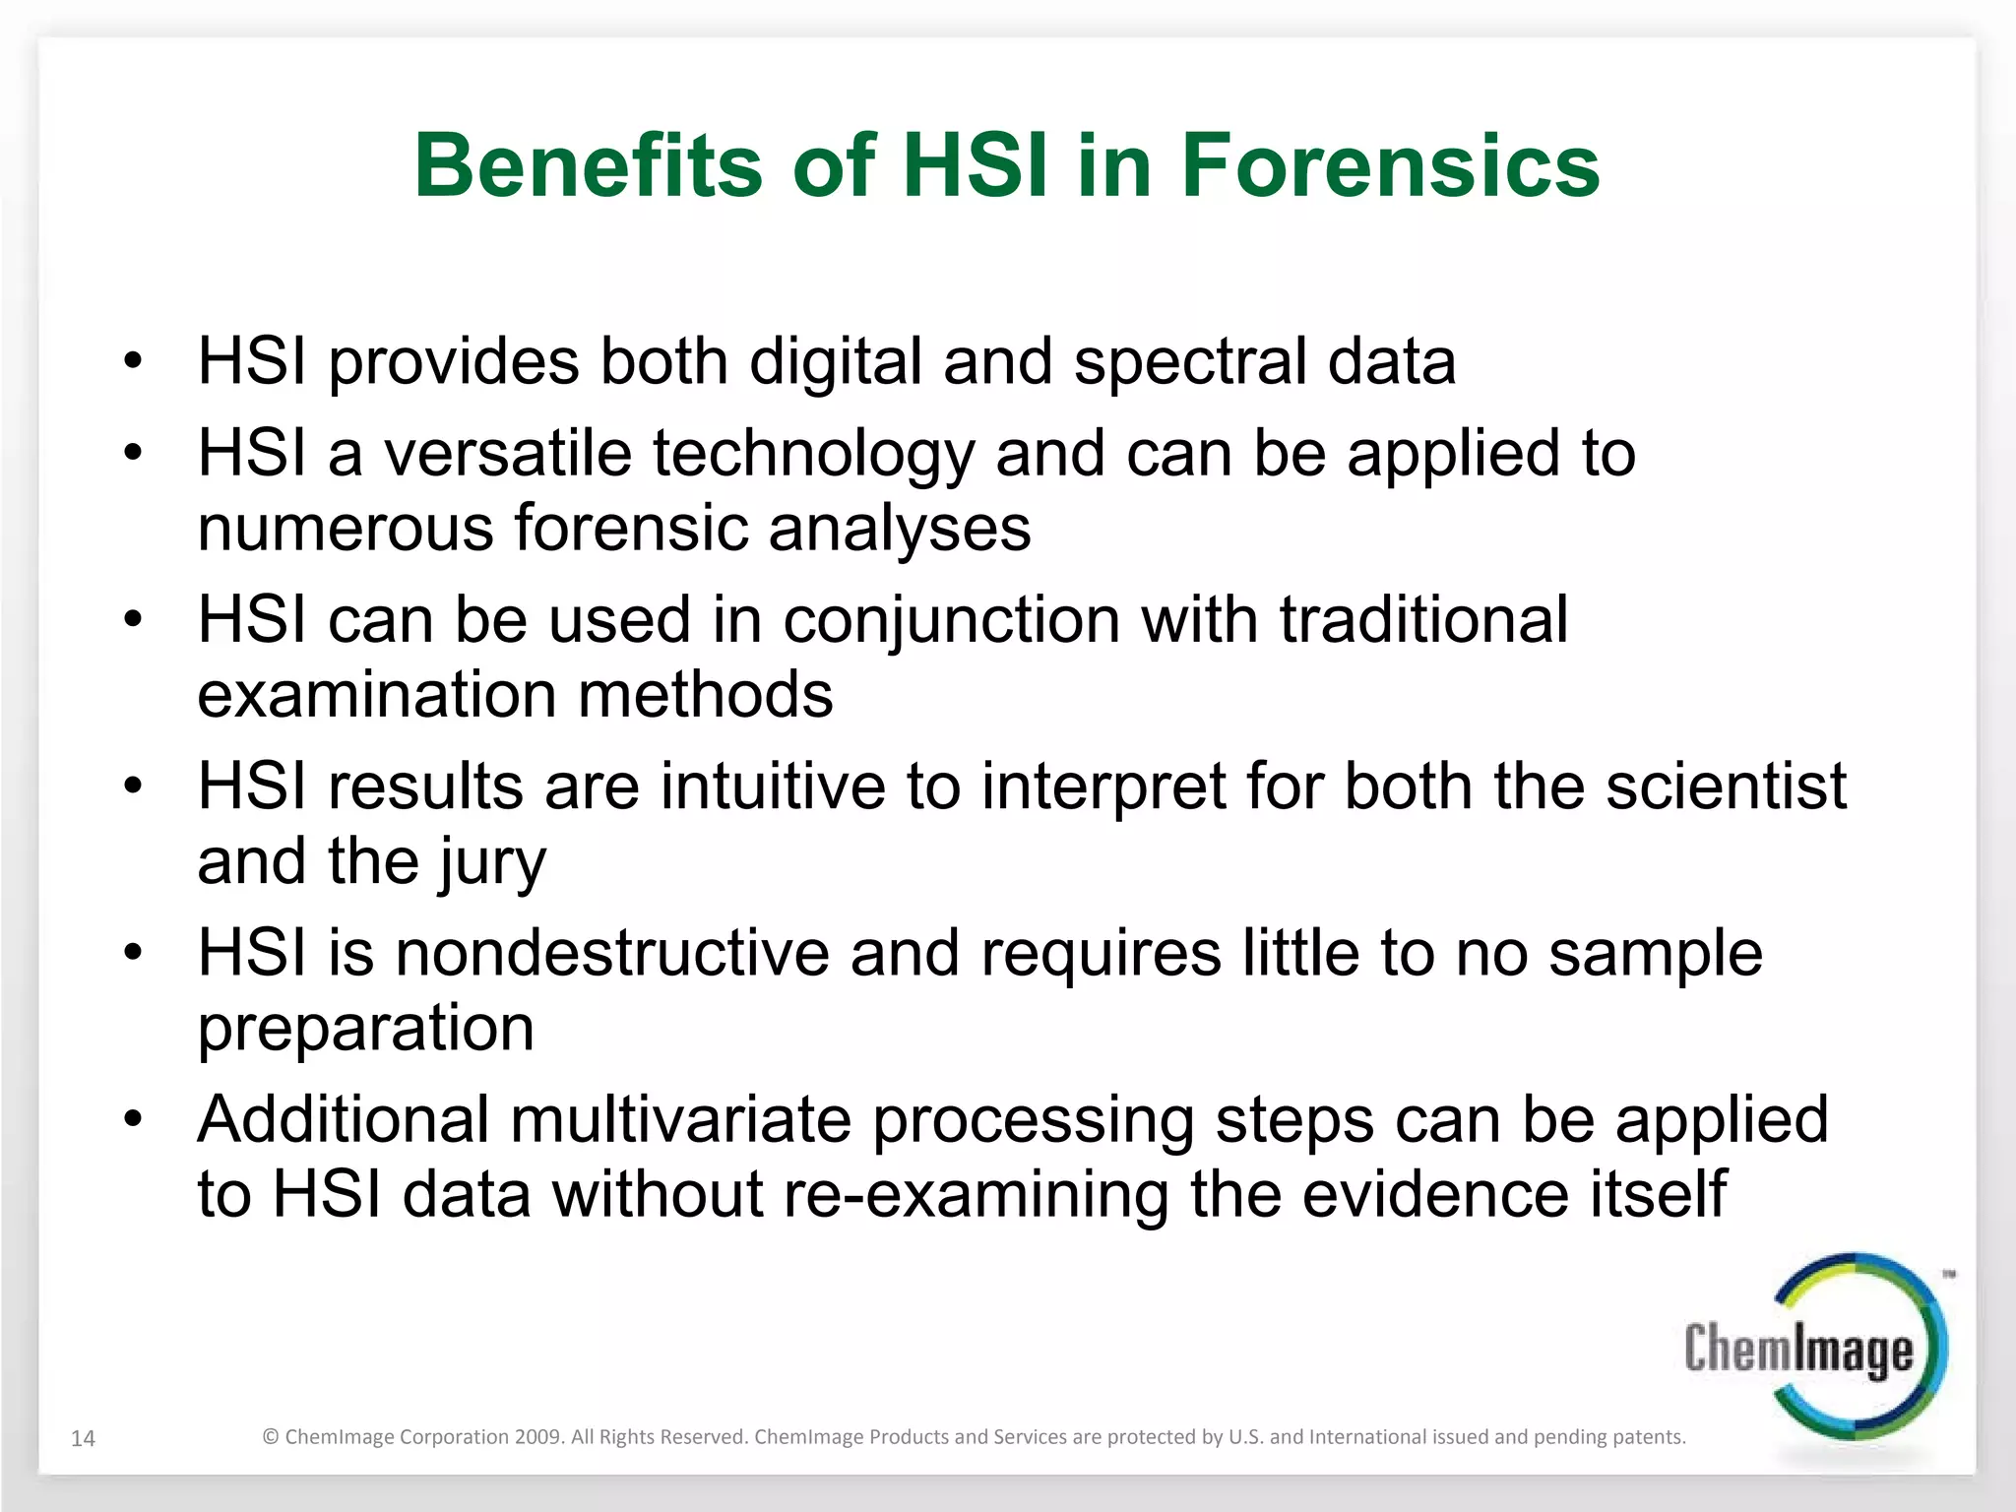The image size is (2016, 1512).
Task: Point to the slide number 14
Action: pos(84,1438)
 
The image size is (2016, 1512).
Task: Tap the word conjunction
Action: pos(952,620)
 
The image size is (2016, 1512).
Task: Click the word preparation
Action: pos(366,1029)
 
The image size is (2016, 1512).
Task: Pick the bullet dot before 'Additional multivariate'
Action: pos(134,1119)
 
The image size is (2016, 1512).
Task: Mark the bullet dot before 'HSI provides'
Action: pos(134,361)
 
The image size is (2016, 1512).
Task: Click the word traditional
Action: pos(1422,620)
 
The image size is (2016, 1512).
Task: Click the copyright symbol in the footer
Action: pos(271,1437)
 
